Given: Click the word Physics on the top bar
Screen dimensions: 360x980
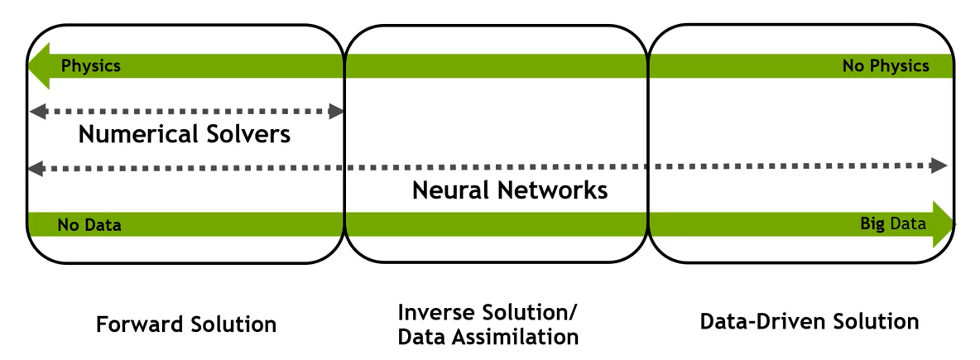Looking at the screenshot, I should point(91,66).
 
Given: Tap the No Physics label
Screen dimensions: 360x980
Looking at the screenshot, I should point(885,66).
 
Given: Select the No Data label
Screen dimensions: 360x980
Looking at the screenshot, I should point(89,225).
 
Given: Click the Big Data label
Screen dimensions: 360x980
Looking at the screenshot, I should point(892,223).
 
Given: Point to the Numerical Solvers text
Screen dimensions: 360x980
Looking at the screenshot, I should point(185,134).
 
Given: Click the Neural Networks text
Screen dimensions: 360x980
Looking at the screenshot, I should point(510,190).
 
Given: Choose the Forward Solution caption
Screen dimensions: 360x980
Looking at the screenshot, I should point(186,324).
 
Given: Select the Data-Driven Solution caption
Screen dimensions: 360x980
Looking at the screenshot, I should point(809,321).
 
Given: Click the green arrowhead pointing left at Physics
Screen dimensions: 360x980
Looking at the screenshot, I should point(37,66).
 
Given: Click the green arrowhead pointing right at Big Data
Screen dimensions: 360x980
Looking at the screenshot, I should point(944,223).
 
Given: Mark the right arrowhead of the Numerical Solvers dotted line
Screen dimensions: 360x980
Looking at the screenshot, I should point(337,112).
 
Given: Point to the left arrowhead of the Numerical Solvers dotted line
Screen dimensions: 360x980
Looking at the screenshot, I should point(35,111).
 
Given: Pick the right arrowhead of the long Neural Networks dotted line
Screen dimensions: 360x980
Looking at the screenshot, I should point(939,166).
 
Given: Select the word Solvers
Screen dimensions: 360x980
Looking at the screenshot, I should point(248,134).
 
